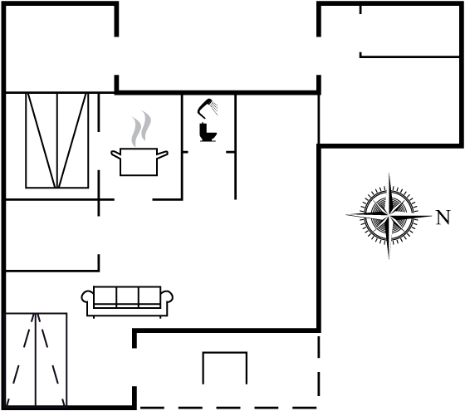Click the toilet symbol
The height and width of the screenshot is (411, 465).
(x=208, y=132)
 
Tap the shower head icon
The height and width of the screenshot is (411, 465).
(x=208, y=107)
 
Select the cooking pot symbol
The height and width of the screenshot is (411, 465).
(x=139, y=161)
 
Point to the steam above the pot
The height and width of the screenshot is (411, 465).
(x=141, y=129)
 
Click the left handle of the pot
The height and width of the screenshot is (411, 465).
(x=115, y=154)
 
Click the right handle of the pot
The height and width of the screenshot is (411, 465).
(x=163, y=154)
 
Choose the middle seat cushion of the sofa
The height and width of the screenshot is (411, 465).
(x=128, y=296)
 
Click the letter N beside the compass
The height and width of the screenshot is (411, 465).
(x=443, y=218)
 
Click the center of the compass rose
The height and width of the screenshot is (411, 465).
(x=389, y=216)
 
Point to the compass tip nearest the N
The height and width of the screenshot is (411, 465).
(x=432, y=216)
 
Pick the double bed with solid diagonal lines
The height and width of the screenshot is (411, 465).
(x=57, y=140)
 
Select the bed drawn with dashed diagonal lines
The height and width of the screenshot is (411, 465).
(x=37, y=360)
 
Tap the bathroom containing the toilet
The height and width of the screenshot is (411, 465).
(x=208, y=147)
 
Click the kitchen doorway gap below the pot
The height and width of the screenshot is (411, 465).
(x=134, y=199)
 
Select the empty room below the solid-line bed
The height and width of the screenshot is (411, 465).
(x=52, y=235)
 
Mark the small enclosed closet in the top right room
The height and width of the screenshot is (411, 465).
(x=410, y=31)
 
